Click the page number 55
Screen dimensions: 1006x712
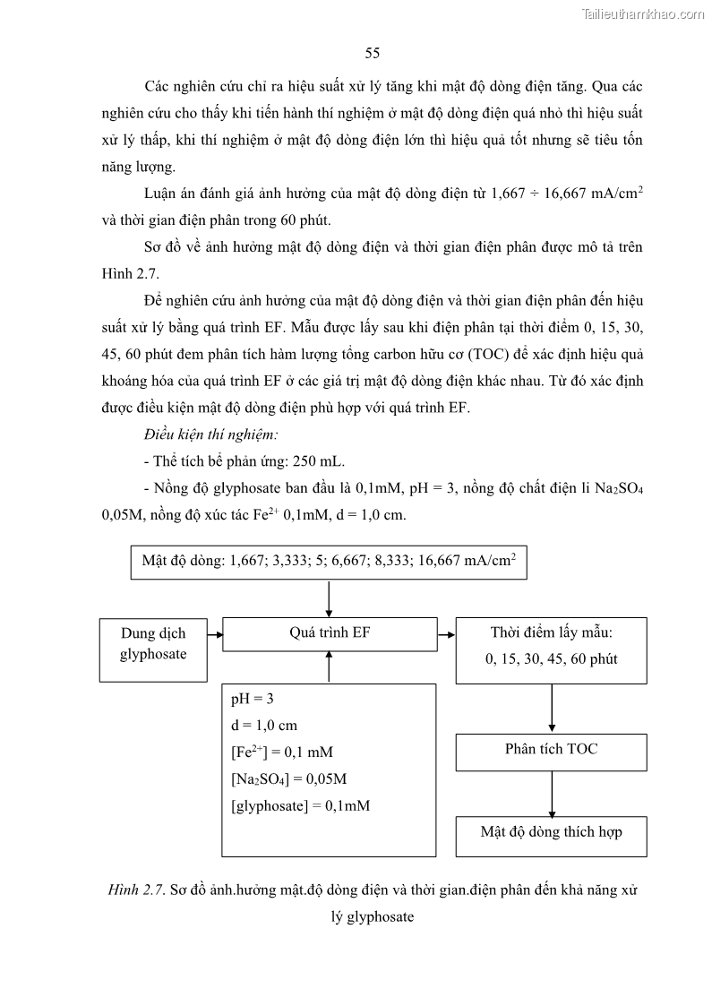pos(373,53)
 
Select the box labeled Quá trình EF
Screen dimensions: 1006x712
pos(330,633)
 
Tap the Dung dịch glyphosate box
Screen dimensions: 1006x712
pos(153,644)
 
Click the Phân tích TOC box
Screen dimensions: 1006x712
pos(551,751)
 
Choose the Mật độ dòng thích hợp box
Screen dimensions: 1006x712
pos(551,833)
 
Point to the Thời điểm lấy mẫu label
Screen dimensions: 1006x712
pos(551,633)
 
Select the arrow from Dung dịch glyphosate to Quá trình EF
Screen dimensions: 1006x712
pos(214,633)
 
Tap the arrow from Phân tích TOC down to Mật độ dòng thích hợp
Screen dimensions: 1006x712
pos(551,792)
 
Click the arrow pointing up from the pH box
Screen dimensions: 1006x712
pos(330,667)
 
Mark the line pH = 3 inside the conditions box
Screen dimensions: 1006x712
pos(253,699)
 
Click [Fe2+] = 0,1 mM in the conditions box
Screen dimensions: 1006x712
pos(281,752)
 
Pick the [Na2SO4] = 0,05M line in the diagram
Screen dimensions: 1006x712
pos(288,779)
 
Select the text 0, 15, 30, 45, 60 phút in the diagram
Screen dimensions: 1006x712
pos(551,660)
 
